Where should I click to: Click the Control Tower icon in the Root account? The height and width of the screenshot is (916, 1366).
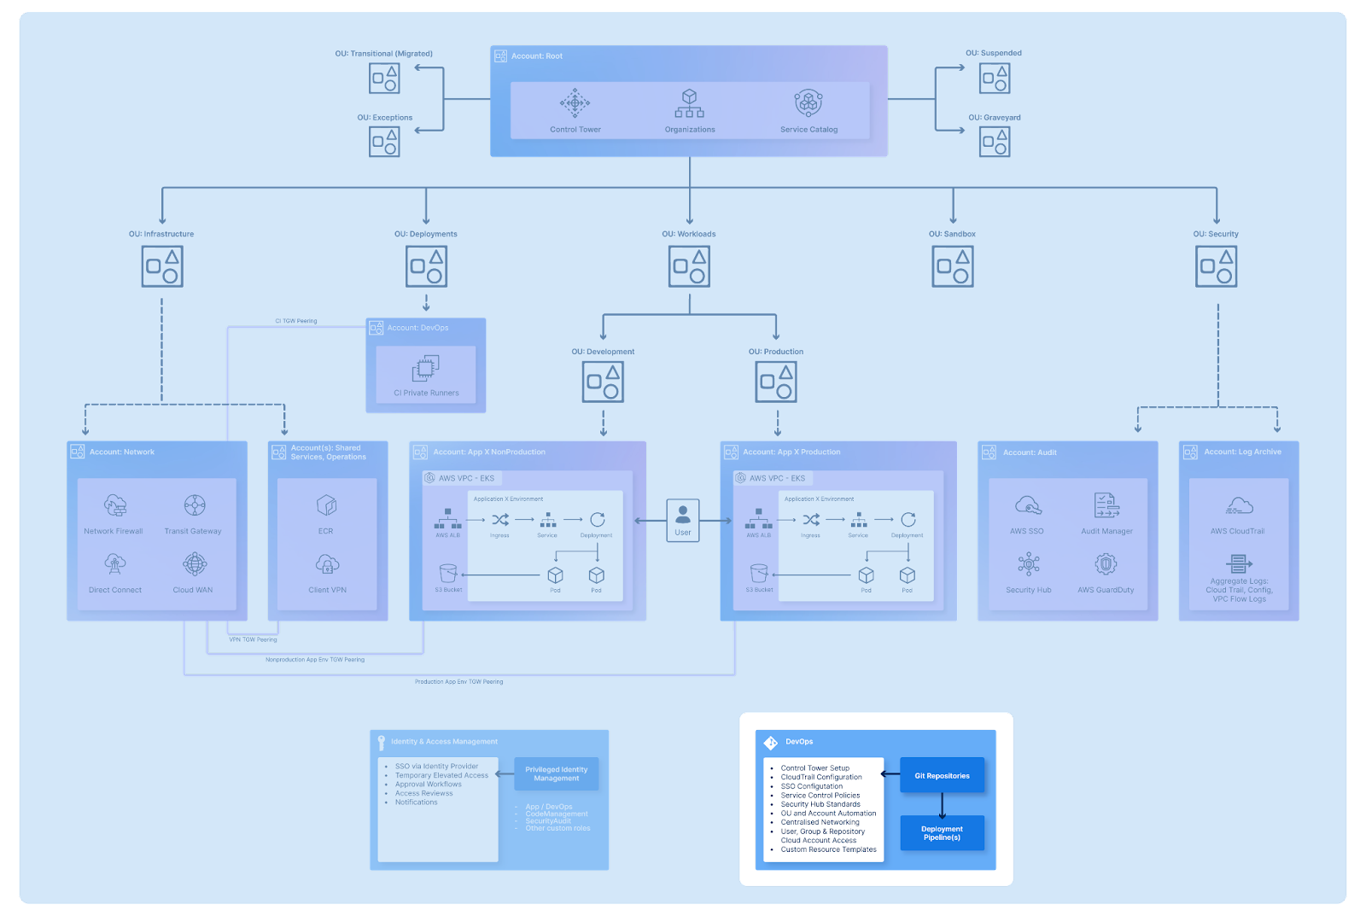[x=575, y=103]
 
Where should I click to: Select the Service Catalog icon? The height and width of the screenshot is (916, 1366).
[x=809, y=103]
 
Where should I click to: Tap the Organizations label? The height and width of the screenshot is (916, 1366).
[x=690, y=130]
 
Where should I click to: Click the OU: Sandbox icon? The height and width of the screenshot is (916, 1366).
[x=953, y=266]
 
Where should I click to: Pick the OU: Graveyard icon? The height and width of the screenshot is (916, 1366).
[x=995, y=142]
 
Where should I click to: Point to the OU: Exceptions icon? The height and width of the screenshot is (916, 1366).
[x=384, y=142]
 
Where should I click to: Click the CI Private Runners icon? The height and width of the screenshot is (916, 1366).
[x=425, y=369]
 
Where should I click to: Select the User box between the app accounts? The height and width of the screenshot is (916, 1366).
[x=683, y=520]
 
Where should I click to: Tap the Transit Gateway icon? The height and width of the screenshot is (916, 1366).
[x=195, y=505]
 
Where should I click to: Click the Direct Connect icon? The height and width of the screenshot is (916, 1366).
[x=115, y=563]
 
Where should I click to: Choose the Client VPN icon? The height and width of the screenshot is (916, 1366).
[x=327, y=564]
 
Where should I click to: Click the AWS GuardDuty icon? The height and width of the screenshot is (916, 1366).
[x=1106, y=563]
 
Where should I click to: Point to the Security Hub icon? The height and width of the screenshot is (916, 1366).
[x=1029, y=563]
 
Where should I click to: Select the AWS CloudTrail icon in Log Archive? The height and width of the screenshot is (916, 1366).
[x=1238, y=506]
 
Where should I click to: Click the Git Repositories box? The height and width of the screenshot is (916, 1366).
[x=942, y=775]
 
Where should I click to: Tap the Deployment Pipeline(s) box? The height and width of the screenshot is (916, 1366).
[x=942, y=833]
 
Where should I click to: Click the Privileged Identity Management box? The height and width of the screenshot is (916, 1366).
[x=557, y=773]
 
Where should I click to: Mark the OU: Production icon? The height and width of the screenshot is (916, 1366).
[x=776, y=382]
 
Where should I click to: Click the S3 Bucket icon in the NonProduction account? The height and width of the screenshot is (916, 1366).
[x=448, y=573]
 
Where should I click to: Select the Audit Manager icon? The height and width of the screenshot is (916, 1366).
[x=1106, y=505]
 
